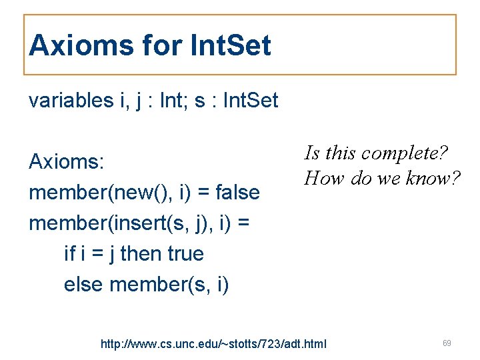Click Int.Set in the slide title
(x=231, y=46)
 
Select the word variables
(x=71, y=101)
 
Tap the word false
(x=238, y=193)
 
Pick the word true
(x=187, y=254)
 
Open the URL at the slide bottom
(x=213, y=344)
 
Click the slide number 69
(x=447, y=343)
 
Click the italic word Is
(x=311, y=153)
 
